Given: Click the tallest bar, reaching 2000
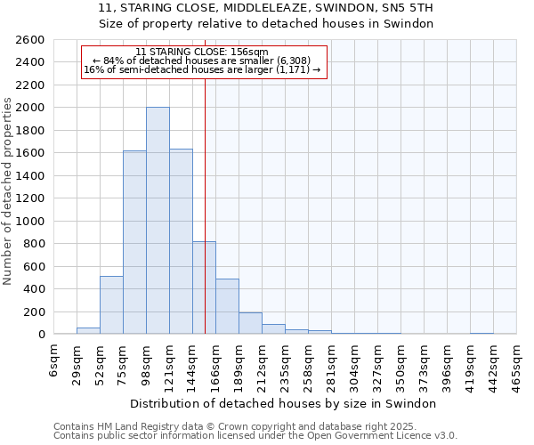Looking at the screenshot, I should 158,221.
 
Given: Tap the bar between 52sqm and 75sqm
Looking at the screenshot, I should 111,304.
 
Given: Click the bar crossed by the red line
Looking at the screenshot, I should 204,287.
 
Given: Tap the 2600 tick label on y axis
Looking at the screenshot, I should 30,40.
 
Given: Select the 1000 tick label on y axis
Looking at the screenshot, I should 30,221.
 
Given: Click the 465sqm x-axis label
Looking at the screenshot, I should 517,362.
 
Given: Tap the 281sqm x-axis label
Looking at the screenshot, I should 332,362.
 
